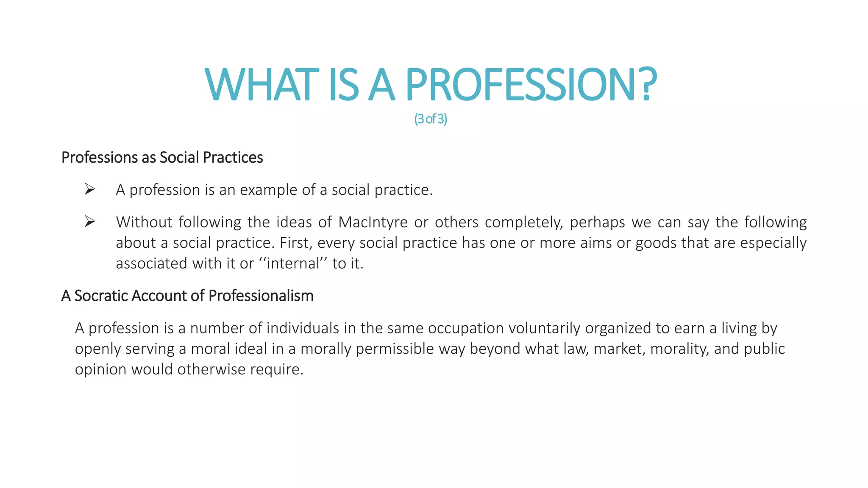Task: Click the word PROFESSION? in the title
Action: pos(531,85)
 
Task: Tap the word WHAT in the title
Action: pos(262,85)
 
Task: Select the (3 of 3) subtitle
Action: pos(431,119)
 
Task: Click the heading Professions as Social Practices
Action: pos(162,158)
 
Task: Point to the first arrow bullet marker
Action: pos(89,189)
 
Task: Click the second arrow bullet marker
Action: pos(89,221)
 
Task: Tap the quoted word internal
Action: pos(293,263)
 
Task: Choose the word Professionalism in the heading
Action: pos(261,296)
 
